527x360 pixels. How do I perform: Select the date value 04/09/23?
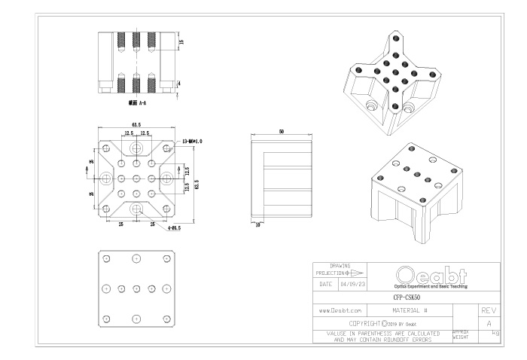click(x=354, y=284)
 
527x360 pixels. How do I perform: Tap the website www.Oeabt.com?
click(x=341, y=310)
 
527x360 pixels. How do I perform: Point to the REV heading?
click(x=488, y=310)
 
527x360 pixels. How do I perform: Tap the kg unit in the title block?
click(x=495, y=332)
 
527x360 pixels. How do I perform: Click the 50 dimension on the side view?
click(x=282, y=132)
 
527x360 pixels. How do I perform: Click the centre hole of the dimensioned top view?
click(x=136, y=178)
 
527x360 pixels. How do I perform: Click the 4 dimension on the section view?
click(x=178, y=83)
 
